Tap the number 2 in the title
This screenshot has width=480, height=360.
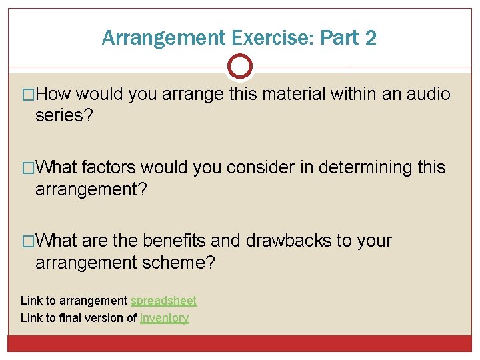click(371, 38)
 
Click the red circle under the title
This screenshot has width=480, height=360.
click(240, 67)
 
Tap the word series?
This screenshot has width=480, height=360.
click(65, 116)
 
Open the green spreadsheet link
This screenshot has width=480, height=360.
click(163, 301)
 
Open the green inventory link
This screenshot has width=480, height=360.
click(165, 318)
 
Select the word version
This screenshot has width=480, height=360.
click(105, 318)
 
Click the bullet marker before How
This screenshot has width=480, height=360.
click(27, 95)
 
